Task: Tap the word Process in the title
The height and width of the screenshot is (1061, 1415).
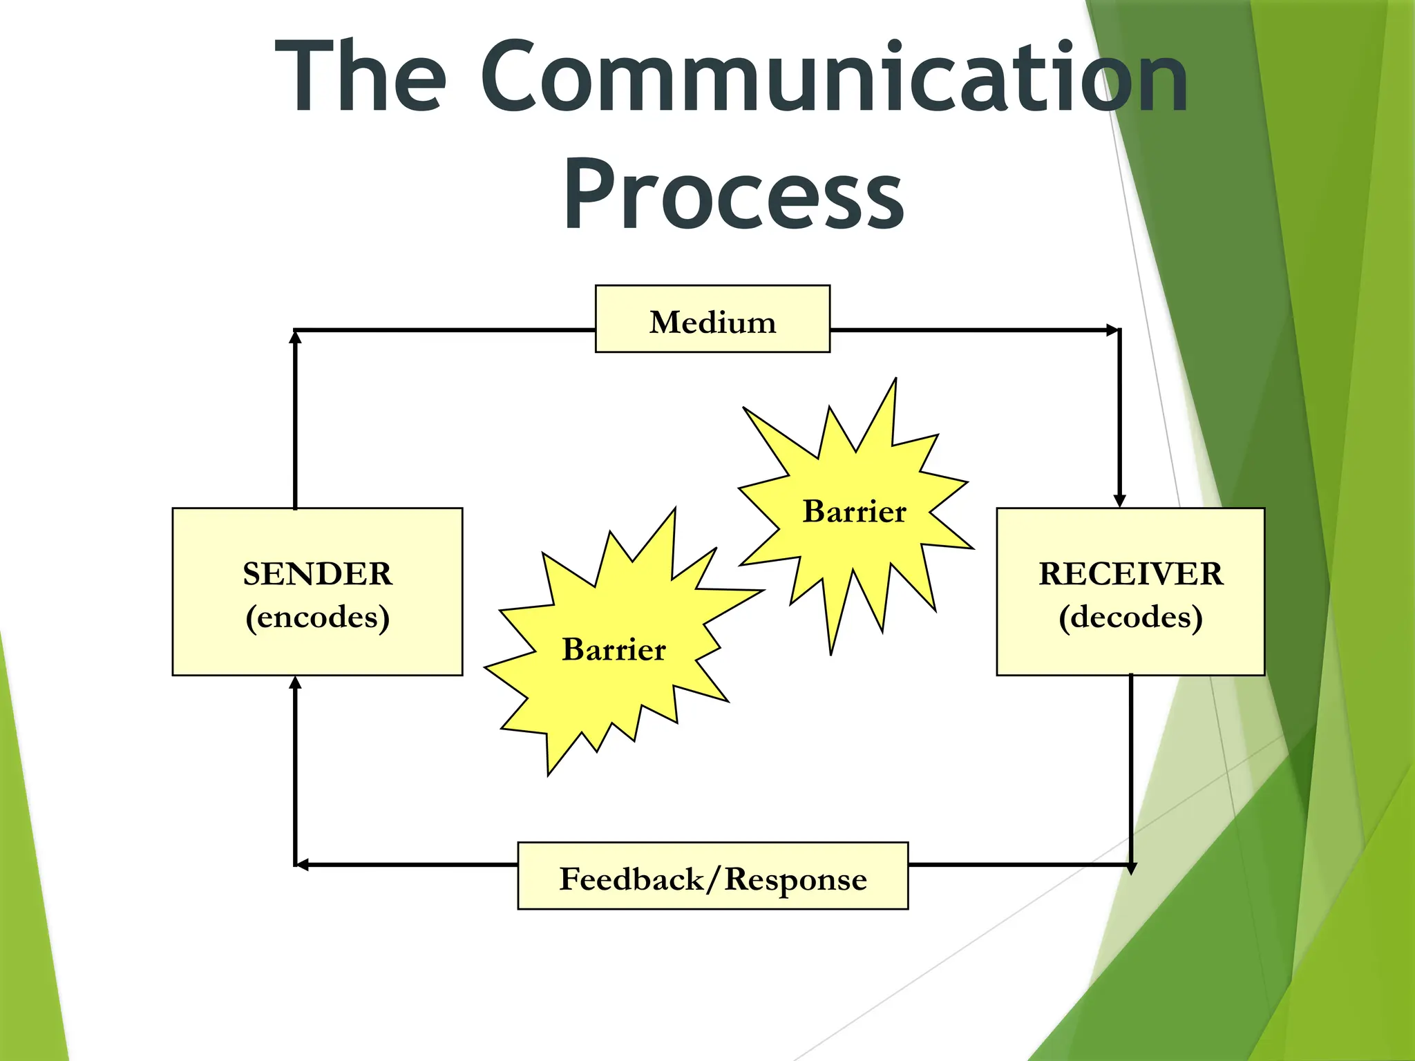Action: [x=733, y=195]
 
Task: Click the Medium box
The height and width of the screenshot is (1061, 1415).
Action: [x=712, y=319]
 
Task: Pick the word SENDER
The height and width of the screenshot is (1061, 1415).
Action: [x=317, y=574]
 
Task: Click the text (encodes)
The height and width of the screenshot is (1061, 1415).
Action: [x=317, y=617]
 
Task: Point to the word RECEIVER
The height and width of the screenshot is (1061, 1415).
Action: [x=1130, y=574]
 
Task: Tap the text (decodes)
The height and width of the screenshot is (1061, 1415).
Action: [x=1130, y=617]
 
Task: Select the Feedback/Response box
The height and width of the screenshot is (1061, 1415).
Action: [x=712, y=876]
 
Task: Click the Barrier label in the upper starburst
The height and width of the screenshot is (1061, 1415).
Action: [x=854, y=512]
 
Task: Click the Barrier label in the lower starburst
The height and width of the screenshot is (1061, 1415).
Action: [x=614, y=649]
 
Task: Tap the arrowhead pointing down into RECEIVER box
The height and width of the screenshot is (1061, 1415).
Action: [x=1120, y=501]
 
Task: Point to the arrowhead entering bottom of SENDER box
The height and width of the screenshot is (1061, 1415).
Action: [x=295, y=683]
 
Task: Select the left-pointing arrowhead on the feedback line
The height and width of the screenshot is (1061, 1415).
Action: [x=302, y=865]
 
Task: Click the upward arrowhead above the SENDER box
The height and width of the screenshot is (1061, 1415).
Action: [x=295, y=337]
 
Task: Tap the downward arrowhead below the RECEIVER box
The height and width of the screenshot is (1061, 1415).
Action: [x=1131, y=868]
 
